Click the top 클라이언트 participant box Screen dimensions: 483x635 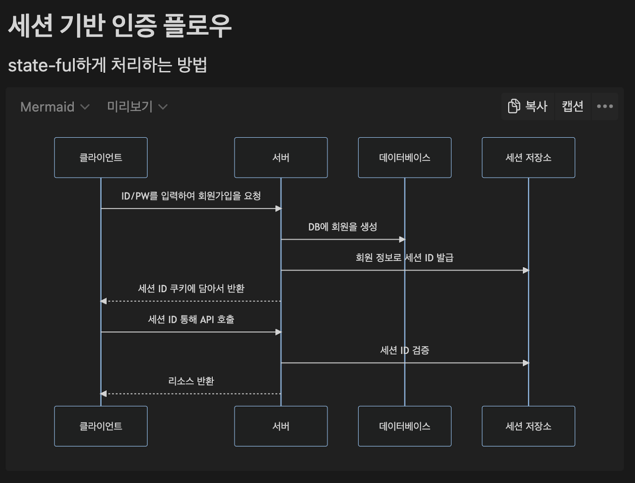[x=101, y=158]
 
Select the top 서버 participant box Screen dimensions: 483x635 [x=281, y=158]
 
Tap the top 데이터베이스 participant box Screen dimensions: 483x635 [x=405, y=158]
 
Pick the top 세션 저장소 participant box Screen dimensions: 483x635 [x=528, y=158]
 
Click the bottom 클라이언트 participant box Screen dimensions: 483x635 [x=101, y=426]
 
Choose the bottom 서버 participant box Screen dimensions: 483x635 [x=281, y=426]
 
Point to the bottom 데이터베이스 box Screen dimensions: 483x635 [x=405, y=426]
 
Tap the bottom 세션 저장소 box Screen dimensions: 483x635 [x=528, y=426]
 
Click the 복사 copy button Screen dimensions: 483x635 [x=527, y=106]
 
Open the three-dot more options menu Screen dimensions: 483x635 [x=605, y=106]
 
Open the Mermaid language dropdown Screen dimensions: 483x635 [x=55, y=107]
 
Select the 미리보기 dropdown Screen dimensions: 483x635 [x=137, y=107]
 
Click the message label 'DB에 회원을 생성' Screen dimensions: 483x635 [x=343, y=227]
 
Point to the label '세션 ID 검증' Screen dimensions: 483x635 [x=405, y=350]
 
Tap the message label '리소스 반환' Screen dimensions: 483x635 [x=191, y=381]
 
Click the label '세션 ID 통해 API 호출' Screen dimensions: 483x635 [x=191, y=319]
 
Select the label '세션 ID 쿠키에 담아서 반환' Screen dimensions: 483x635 [x=191, y=289]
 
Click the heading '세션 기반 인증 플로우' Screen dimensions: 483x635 [x=120, y=26]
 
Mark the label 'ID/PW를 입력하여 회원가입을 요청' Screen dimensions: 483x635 [x=191, y=196]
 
